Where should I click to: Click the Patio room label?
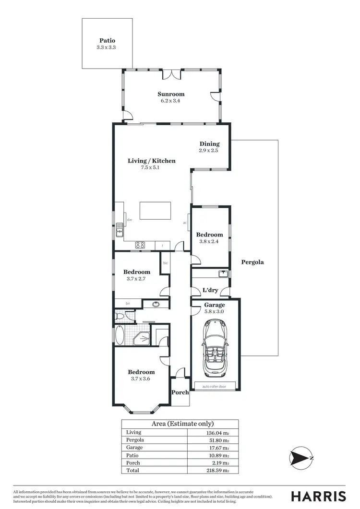click(x=107, y=41)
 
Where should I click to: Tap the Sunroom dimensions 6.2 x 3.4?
click(x=171, y=101)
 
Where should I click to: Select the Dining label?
click(x=209, y=143)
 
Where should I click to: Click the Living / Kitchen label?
click(x=151, y=161)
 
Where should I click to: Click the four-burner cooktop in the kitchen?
click(x=140, y=245)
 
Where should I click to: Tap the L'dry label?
click(x=210, y=291)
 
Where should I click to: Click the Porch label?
click(x=180, y=392)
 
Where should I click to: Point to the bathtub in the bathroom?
click(x=119, y=334)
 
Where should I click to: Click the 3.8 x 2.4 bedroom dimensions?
click(x=209, y=241)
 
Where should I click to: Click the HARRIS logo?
click(x=319, y=496)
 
